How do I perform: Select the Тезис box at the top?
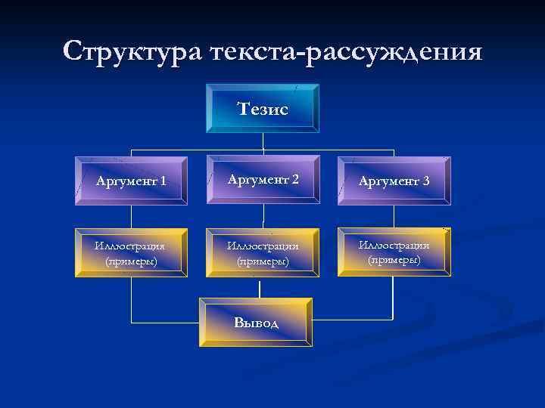(x=263, y=108)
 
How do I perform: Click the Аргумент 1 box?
(x=131, y=181)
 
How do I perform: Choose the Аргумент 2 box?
(x=263, y=180)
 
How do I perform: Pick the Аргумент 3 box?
(x=394, y=181)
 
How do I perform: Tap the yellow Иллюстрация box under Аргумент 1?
(x=131, y=253)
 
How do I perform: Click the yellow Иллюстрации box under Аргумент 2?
(x=263, y=253)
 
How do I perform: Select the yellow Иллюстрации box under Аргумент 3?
(x=394, y=252)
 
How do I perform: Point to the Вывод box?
(x=256, y=322)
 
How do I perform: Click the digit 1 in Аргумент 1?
(x=163, y=181)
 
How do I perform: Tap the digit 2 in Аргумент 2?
(x=294, y=179)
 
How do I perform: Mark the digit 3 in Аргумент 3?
(x=426, y=181)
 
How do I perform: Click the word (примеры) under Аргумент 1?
(x=131, y=261)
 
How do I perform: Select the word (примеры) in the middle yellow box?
(x=263, y=261)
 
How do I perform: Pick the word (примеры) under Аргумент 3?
(x=394, y=260)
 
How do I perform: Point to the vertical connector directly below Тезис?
(x=263, y=141)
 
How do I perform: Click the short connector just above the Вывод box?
(x=260, y=288)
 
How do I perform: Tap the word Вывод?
(x=256, y=323)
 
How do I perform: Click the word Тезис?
(x=263, y=109)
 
